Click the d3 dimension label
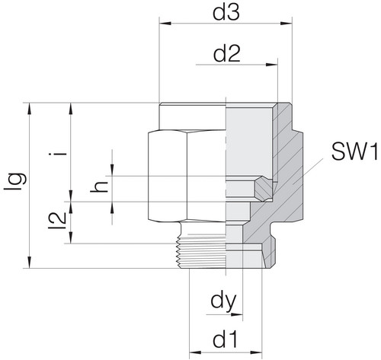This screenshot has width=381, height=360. point(226,13)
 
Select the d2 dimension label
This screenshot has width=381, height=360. point(227,54)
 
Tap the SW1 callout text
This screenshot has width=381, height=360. point(355,152)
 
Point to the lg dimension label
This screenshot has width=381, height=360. point(15,181)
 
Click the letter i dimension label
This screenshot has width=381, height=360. point(58,154)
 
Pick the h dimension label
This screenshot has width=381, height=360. point(99,187)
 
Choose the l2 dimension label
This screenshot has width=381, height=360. point(57,221)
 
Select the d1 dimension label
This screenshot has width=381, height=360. point(226,340)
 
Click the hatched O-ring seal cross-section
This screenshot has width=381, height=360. point(264,189)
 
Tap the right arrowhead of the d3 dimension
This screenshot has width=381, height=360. point(287,24)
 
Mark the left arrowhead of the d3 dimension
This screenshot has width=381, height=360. point(165,24)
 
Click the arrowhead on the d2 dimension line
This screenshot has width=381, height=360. point(272,65)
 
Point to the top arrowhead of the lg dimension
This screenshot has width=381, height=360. point(30,109)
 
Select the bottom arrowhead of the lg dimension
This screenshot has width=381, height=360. point(30,262)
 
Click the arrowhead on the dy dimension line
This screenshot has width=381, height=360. point(237,314)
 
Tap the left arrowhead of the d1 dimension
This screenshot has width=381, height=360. point(195,352)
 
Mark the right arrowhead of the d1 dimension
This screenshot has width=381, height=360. point(256,352)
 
